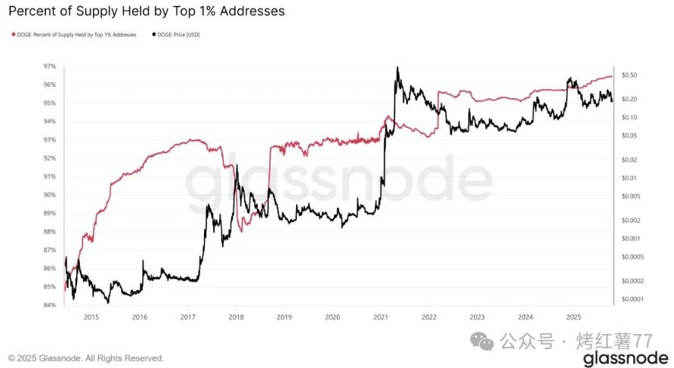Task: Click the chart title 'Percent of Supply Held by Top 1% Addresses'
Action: (x=147, y=11)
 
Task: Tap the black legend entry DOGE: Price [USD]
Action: (x=178, y=35)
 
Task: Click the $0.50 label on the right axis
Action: (x=629, y=75)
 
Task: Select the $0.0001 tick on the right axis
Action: (x=632, y=299)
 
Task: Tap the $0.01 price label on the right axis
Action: (x=629, y=178)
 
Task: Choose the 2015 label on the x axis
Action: (x=91, y=317)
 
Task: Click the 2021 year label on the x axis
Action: (x=381, y=317)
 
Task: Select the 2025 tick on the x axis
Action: (x=574, y=317)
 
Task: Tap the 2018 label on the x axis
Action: (x=236, y=317)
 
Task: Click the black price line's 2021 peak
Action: (x=397, y=67)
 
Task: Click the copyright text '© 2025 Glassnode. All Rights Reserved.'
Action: (x=85, y=358)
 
